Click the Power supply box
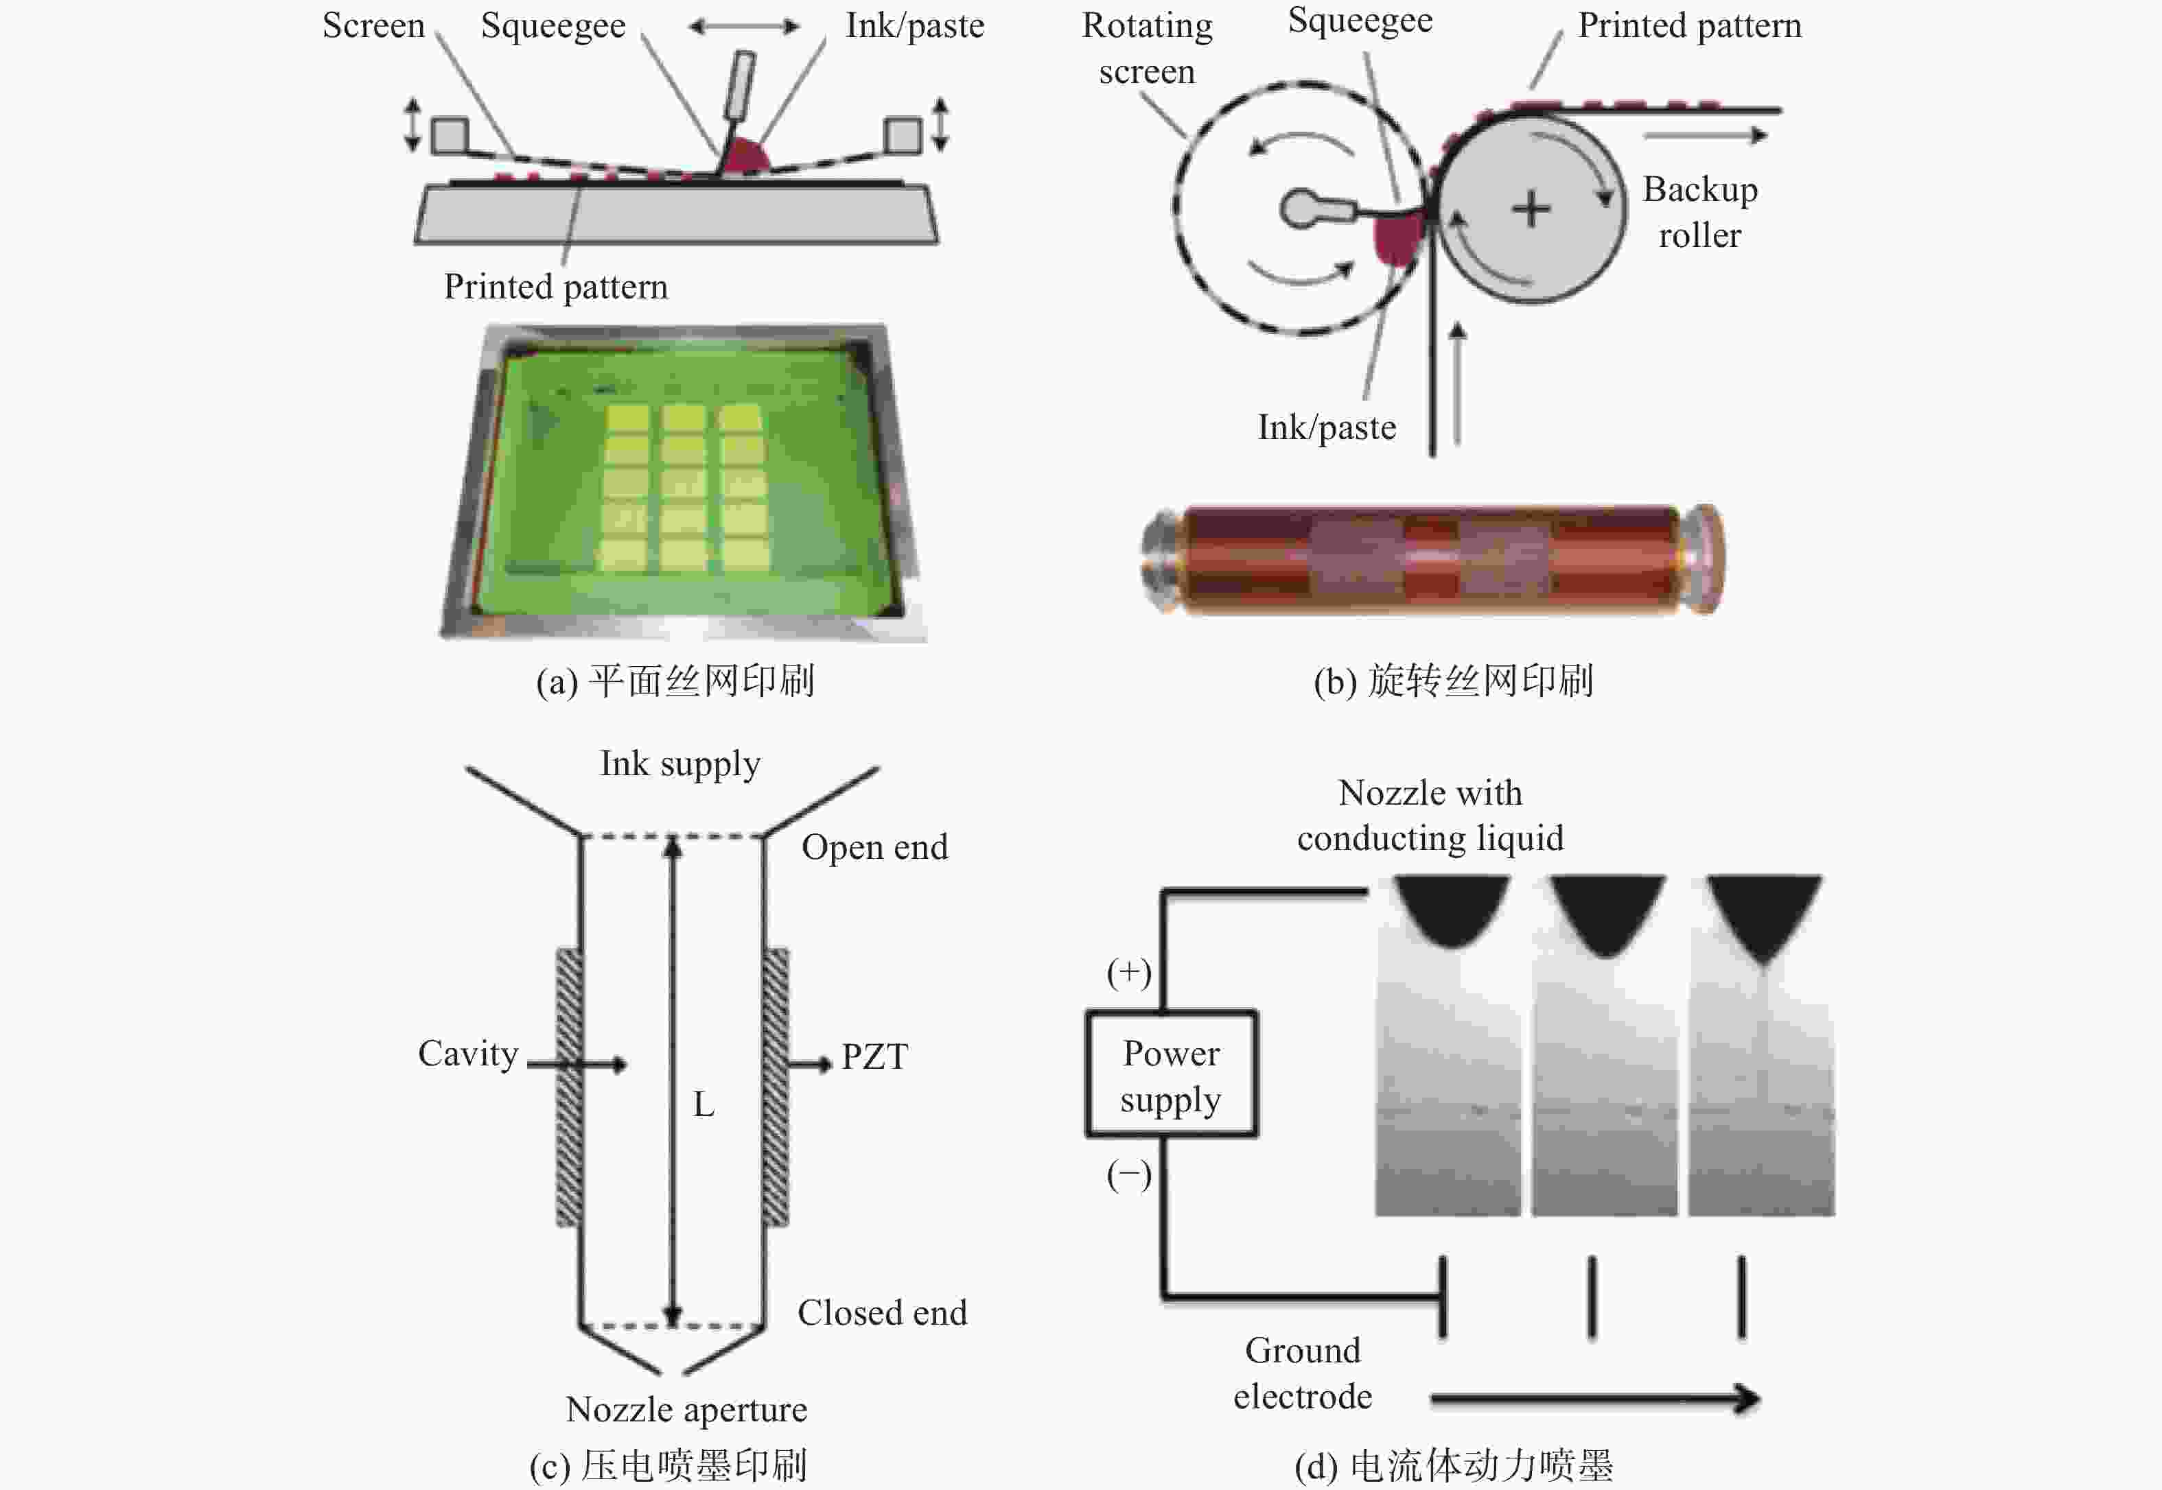(1171, 1074)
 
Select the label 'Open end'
(874, 847)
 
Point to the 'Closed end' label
(881, 1312)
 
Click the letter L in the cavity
(704, 1104)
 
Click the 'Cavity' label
(468, 1053)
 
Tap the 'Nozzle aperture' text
(686, 1409)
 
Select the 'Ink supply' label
(680, 763)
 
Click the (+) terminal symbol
(1128, 972)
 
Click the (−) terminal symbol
(1128, 1174)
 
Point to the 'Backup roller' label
(1699, 212)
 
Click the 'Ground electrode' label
(1303, 1373)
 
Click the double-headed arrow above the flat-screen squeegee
(743, 27)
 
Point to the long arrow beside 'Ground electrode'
(1594, 1399)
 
